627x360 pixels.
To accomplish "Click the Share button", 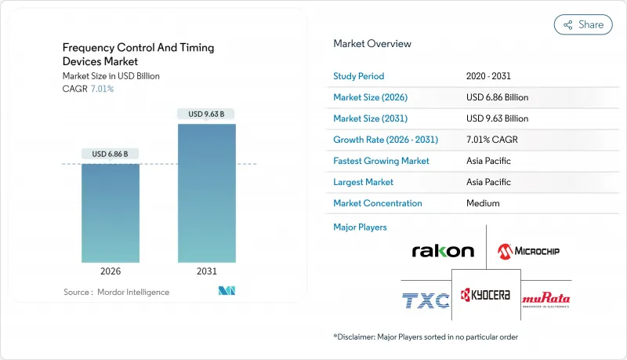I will [583, 24].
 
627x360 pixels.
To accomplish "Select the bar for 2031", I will [206, 192].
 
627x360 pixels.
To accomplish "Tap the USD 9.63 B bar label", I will [206, 114].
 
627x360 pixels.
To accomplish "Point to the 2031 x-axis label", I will [206, 271].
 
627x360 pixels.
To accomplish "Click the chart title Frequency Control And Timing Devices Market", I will [138, 54].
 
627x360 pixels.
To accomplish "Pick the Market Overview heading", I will [372, 44].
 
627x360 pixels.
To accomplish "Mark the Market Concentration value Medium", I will [482, 203].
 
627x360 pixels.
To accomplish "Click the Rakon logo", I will [443, 251].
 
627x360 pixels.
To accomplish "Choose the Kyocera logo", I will [486, 295].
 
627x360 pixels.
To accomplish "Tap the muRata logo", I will [546, 299].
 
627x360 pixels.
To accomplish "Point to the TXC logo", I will [426, 299].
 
